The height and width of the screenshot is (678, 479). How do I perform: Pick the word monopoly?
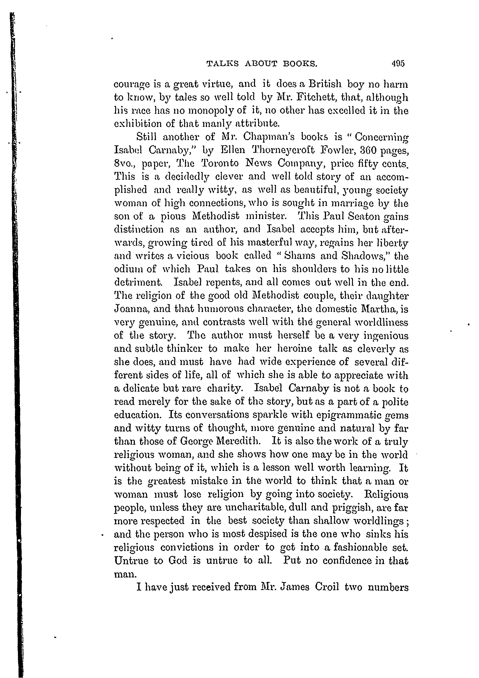pos(205,111)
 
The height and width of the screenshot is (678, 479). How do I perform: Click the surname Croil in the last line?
pos(327,587)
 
